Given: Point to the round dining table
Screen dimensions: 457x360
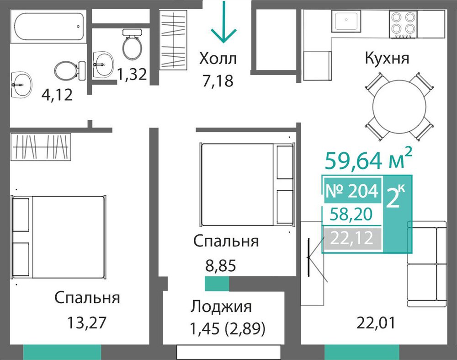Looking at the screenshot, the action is point(399,107).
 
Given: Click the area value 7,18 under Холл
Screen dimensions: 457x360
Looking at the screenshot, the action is point(218,81).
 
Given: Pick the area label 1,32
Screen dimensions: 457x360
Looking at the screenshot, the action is point(132,74).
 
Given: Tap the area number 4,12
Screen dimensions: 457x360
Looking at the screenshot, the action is point(57,95).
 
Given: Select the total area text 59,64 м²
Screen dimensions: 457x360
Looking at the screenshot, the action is point(368,160).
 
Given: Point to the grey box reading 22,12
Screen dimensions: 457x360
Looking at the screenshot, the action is point(352,238).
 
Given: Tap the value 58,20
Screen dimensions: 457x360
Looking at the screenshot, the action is point(351,214).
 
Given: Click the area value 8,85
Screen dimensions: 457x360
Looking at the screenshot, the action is point(221,266).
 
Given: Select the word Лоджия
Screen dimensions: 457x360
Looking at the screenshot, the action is point(221,307).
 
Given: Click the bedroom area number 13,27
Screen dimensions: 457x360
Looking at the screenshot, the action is point(87,322).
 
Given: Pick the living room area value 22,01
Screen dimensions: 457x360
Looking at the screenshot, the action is point(376,323).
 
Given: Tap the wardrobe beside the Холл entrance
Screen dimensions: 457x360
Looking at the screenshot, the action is point(173,40).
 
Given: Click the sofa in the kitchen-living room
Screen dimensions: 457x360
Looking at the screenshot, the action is point(427,264).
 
